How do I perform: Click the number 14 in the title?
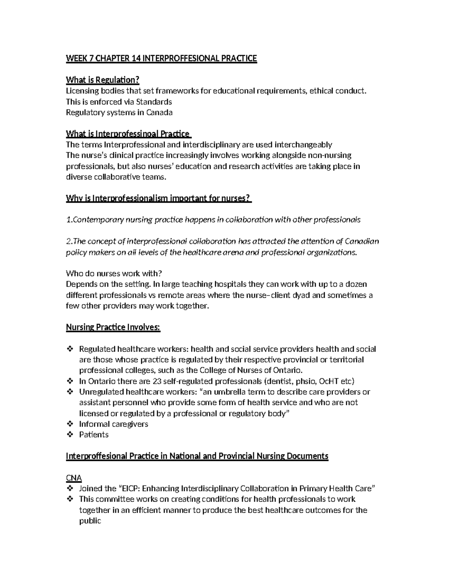[x=134, y=58]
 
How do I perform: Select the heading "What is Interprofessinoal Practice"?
[x=128, y=134]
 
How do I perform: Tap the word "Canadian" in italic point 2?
[x=362, y=241]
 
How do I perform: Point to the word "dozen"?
[x=356, y=284]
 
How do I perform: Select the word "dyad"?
[x=302, y=295]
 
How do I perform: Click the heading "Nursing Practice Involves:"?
[x=113, y=327]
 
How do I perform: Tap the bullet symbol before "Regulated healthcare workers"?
[x=70, y=349]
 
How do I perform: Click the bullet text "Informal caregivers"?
[x=113, y=424]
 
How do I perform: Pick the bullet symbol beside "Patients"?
[x=70, y=435]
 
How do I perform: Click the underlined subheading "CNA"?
[x=74, y=478]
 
